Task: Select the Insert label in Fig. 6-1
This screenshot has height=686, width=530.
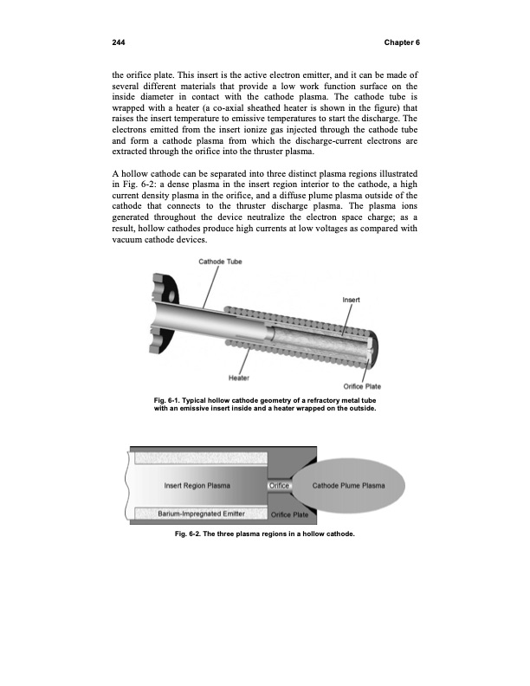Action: (352, 299)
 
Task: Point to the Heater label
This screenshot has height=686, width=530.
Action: (239, 377)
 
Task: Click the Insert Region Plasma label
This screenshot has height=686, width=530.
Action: (197, 485)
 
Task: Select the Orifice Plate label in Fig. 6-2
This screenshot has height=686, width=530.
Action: (290, 515)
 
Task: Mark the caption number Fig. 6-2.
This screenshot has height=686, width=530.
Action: (189, 545)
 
